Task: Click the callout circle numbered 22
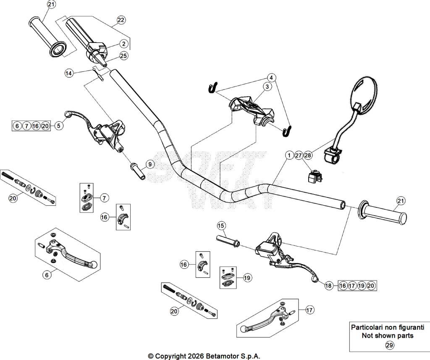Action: pyautogui.click(x=121, y=20)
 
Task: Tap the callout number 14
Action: pyautogui.click(x=69, y=73)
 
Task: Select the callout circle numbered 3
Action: pyautogui.click(x=267, y=87)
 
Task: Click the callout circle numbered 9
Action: pyautogui.click(x=150, y=164)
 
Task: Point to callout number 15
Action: pyautogui.click(x=221, y=226)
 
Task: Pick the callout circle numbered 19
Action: pyautogui.click(x=247, y=278)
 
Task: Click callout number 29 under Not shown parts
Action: pyautogui.click(x=389, y=345)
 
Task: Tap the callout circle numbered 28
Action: pyautogui.click(x=308, y=155)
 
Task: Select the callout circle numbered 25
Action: pyautogui.click(x=124, y=56)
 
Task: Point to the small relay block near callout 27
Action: pyautogui.click(x=314, y=176)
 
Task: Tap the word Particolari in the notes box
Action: pyautogui.click(x=365, y=327)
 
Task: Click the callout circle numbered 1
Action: pyautogui.click(x=289, y=155)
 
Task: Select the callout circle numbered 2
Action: pyautogui.click(x=124, y=44)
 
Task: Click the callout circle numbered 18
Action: pyautogui.click(x=328, y=286)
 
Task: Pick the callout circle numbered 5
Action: pyautogui.click(x=59, y=126)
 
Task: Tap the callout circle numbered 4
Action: pyautogui.click(x=271, y=78)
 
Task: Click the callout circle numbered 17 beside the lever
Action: pyautogui.click(x=309, y=310)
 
